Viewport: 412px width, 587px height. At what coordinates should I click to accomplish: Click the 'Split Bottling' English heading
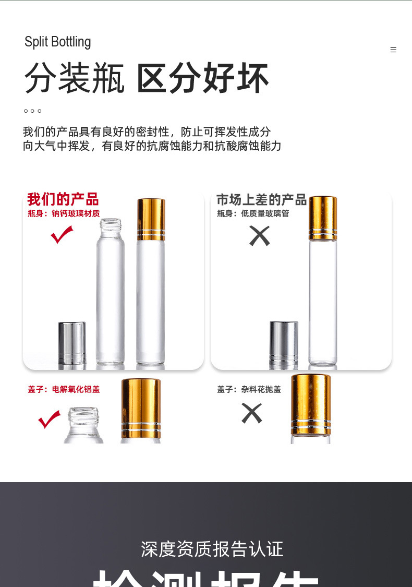tap(58, 42)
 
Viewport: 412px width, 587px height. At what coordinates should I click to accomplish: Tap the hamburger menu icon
tap(393, 50)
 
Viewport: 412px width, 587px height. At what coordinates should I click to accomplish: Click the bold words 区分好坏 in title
tap(202, 79)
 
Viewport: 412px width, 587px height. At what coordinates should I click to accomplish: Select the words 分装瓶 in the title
tap(75, 79)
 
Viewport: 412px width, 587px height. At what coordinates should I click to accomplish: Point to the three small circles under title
tap(32, 111)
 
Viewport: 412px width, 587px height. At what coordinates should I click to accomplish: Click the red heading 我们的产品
tap(63, 199)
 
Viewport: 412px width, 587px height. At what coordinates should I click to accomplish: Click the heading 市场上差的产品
tap(261, 199)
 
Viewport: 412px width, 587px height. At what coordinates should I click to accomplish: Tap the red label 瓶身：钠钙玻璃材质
tap(64, 213)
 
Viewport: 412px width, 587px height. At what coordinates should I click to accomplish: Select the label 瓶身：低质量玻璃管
tap(253, 213)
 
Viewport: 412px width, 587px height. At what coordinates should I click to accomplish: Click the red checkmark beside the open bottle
tap(62, 235)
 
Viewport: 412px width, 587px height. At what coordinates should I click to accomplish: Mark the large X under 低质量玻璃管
tap(259, 236)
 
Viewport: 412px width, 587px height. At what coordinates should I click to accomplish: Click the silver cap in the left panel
tap(72, 343)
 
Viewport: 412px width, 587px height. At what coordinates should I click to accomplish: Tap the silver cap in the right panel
tap(284, 343)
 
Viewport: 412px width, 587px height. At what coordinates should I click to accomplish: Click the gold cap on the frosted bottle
tap(151, 219)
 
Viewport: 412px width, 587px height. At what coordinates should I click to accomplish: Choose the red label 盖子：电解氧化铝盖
tap(64, 389)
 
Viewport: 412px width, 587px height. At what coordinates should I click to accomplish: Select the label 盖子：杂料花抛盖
tap(249, 389)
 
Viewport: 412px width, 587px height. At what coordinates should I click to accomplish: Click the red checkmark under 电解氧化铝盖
tap(50, 419)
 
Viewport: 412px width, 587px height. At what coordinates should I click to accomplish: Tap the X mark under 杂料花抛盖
tap(251, 413)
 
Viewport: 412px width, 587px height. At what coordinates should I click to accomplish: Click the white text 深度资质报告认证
tap(212, 549)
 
